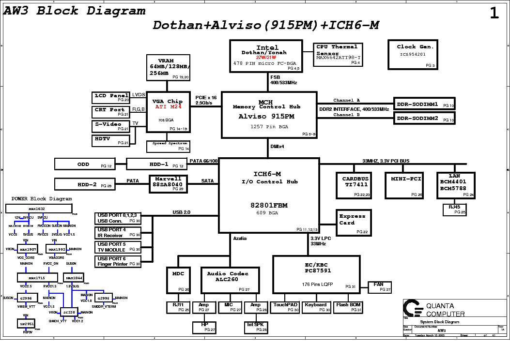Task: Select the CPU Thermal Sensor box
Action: pyautogui.click(x=338, y=54)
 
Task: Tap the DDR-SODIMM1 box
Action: pyautogui.click(x=424, y=104)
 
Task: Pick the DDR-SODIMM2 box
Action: pyautogui.click(x=424, y=118)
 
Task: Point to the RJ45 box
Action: pyautogui.click(x=454, y=210)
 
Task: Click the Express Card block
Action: pyautogui.click(x=354, y=223)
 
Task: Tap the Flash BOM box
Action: pyautogui.click(x=349, y=307)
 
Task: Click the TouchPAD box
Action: pyautogui.click(x=286, y=307)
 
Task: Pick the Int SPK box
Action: pyautogui.click(x=256, y=327)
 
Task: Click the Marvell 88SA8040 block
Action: pyautogui.click(x=168, y=184)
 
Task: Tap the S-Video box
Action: pyautogui.click(x=111, y=126)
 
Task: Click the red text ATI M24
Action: pyautogui.click(x=169, y=106)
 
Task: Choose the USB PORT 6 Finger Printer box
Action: pyautogui.click(x=118, y=261)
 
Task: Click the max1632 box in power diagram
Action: pyautogui.click(x=38, y=209)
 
